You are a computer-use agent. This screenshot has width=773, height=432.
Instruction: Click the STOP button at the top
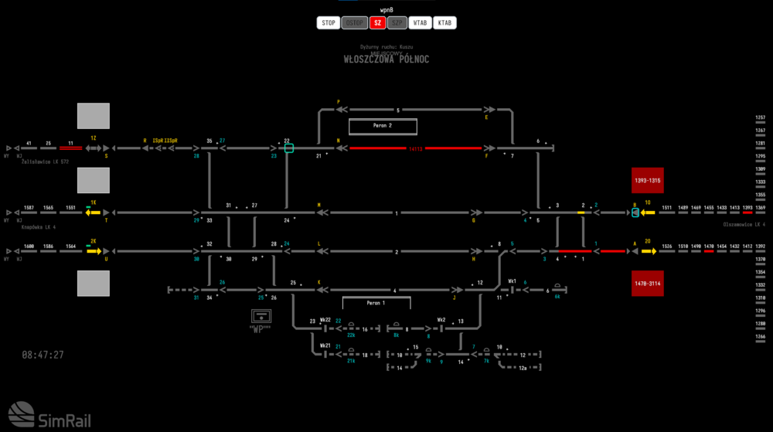[329, 23]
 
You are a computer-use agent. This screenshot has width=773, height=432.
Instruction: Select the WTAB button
[421, 23]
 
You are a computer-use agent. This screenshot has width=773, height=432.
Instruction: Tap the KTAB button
[444, 23]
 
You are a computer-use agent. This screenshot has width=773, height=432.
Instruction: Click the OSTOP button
[355, 23]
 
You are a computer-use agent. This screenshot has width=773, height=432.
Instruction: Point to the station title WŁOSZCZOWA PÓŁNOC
[386, 60]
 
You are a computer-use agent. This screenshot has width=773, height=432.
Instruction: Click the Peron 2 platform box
[383, 126]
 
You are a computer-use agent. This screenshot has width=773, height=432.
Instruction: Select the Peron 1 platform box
[376, 303]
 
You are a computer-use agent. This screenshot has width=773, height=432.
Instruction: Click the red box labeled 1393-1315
[648, 180]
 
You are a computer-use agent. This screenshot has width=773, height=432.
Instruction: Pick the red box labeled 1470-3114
[648, 284]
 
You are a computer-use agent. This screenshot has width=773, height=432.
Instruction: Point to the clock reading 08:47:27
[43, 355]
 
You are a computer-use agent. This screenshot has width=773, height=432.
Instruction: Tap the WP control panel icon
[262, 318]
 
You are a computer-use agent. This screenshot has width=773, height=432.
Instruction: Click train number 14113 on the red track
[416, 148]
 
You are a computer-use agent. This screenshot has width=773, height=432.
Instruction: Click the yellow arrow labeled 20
[648, 250]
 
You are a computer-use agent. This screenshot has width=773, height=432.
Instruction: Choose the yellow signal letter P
[339, 101]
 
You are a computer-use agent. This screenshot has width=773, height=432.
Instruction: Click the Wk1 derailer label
[512, 281]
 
